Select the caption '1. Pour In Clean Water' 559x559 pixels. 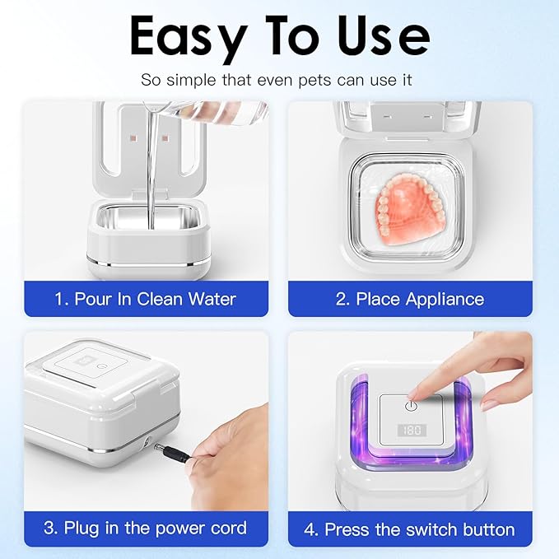[145, 298]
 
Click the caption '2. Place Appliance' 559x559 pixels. [409, 298]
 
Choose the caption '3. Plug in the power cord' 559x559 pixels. [145, 527]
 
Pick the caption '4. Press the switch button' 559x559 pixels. [409, 527]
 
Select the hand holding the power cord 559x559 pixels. [226, 449]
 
